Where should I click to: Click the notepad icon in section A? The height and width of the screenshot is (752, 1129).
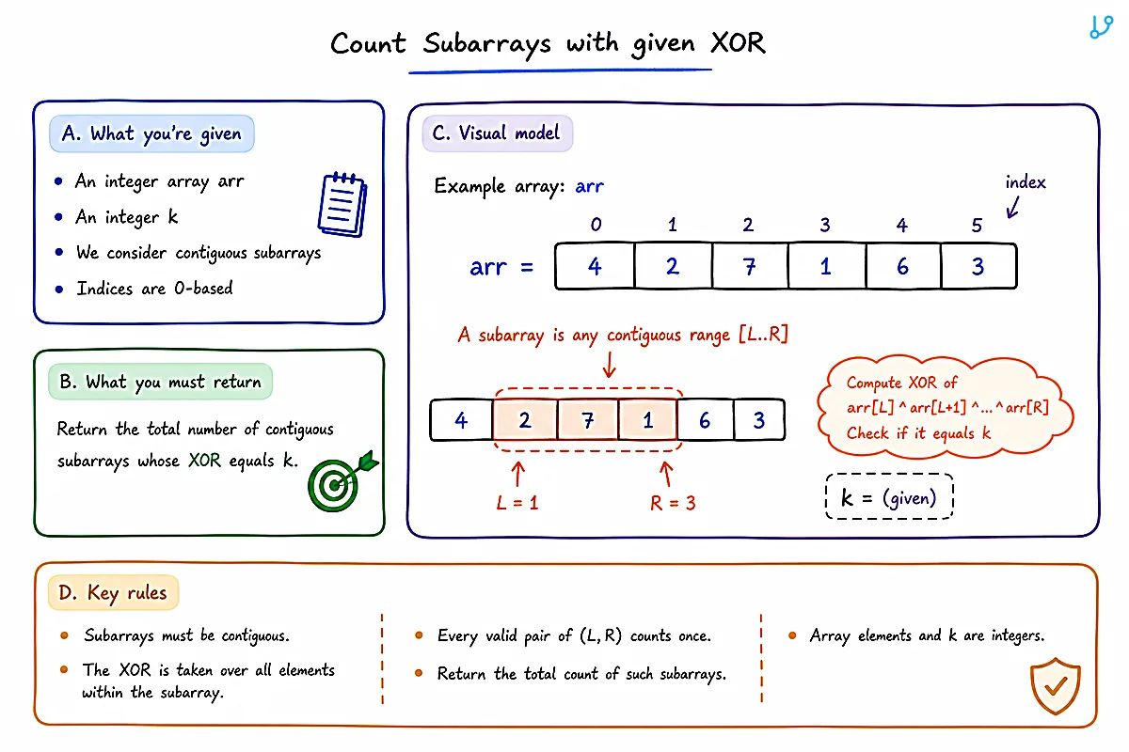click(x=342, y=204)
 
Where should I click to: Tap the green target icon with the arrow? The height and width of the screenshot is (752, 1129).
click(x=342, y=481)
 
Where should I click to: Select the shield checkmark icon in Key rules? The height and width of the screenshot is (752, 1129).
click(x=1056, y=685)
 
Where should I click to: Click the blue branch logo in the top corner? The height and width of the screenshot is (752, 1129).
click(x=1101, y=26)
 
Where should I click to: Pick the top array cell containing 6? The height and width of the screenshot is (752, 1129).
click(x=902, y=266)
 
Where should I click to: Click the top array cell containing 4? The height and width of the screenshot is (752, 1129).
click(x=595, y=266)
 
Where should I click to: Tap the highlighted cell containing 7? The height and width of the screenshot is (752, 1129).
click(x=588, y=419)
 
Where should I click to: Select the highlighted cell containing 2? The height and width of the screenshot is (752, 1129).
click(x=525, y=419)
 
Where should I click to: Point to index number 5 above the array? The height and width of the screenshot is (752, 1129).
click(x=977, y=226)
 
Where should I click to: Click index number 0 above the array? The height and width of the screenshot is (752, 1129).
click(x=596, y=224)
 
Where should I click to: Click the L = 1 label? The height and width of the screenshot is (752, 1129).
click(x=517, y=502)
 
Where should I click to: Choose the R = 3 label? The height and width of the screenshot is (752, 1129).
click(x=673, y=503)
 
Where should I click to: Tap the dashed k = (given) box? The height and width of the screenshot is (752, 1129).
click(x=890, y=496)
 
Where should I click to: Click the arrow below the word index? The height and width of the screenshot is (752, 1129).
click(x=1012, y=207)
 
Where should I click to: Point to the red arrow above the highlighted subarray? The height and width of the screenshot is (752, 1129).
click(x=610, y=365)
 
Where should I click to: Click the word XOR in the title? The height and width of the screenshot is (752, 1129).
click(x=738, y=43)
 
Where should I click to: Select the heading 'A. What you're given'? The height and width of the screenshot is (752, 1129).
click(x=151, y=133)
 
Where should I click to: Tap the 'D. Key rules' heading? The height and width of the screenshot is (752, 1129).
click(x=113, y=592)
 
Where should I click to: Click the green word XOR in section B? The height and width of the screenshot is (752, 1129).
click(x=205, y=460)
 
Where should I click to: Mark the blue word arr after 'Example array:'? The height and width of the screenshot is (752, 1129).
click(x=589, y=186)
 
